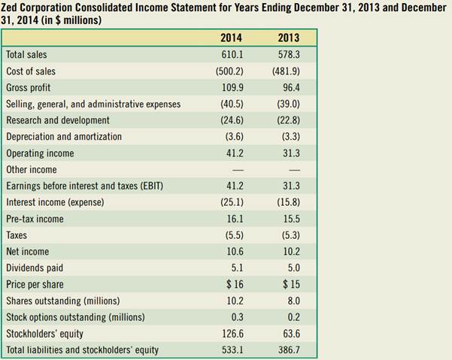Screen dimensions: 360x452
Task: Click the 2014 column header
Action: click(x=231, y=38)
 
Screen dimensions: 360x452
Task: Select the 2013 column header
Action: click(x=288, y=38)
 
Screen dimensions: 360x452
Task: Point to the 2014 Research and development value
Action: click(x=230, y=120)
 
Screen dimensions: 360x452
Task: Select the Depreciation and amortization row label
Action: click(x=64, y=137)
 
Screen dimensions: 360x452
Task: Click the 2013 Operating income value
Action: click(x=289, y=153)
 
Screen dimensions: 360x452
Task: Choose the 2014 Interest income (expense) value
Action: click(x=230, y=202)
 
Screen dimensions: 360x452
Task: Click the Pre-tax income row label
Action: click(x=35, y=219)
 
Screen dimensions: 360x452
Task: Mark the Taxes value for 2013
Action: click(x=288, y=235)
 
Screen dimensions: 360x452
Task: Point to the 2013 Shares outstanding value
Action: click(x=289, y=301)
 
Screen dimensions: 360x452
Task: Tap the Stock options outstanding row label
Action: click(x=75, y=316)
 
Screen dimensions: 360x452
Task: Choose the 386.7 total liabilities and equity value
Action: click(x=288, y=349)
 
